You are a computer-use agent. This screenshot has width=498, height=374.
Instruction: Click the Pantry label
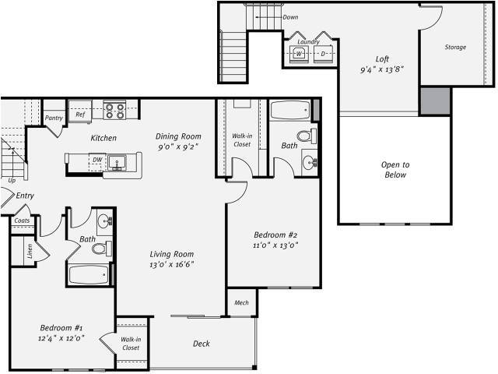(x=54, y=118)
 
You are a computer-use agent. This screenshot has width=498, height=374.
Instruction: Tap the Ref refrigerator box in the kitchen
(x=79, y=115)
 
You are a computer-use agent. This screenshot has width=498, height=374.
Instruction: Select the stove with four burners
(x=115, y=111)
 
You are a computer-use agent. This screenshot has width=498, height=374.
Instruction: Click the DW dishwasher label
(x=96, y=160)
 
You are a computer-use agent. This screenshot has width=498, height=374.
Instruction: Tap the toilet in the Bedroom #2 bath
(x=305, y=136)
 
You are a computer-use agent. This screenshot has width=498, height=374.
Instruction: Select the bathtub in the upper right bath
(x=290, y=109)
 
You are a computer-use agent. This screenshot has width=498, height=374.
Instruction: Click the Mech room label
(x=241, y=302)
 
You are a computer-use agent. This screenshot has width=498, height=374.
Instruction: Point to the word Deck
(x=201, y=344)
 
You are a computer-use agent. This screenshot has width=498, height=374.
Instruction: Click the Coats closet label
(x=22, y=221)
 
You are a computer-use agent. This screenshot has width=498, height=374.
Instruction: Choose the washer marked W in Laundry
(x=299, y=54)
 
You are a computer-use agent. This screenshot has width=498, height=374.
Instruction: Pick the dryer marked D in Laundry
(x=323, y=54)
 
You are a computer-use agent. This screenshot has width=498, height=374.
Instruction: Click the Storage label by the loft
(x=455, y=48)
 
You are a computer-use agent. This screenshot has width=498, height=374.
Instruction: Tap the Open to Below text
(x=395, y=170)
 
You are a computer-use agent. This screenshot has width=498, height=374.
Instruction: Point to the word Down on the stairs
(x=290, y=17)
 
